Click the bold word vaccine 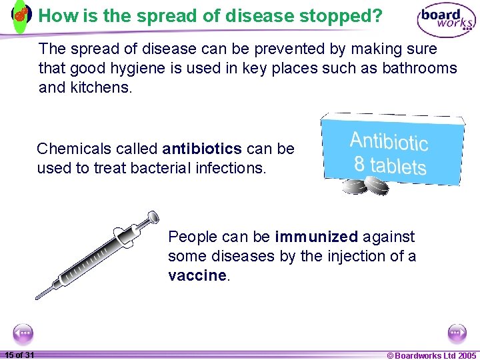click(x=197, y=275)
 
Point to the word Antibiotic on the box click(x=389, y=141)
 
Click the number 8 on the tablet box click(x=359, y=163)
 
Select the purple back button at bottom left click(x=23, y=333)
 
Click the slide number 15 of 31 click(x=19, y=355)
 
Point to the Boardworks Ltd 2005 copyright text click(x=431, y=355)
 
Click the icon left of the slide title click(x=22, y=15)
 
